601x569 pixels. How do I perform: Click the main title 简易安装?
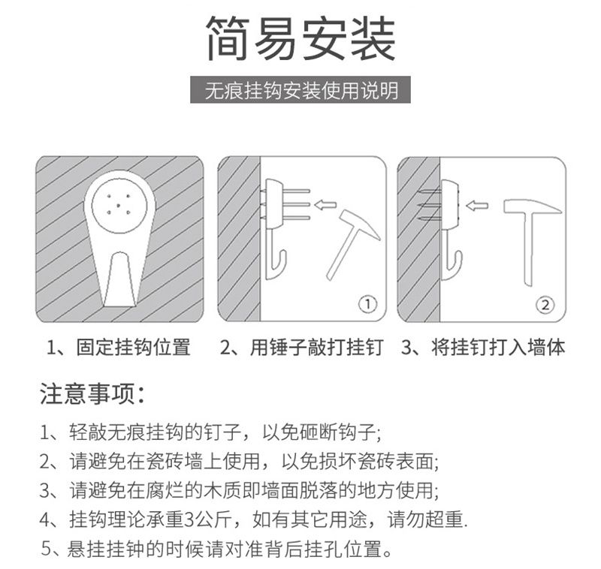300,39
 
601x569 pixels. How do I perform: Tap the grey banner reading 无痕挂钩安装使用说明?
300,91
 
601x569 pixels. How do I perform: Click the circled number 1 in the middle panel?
365,304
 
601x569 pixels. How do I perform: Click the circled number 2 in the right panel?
545,304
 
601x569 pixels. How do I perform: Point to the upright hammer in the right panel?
530,240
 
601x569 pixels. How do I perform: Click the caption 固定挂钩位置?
120,348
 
